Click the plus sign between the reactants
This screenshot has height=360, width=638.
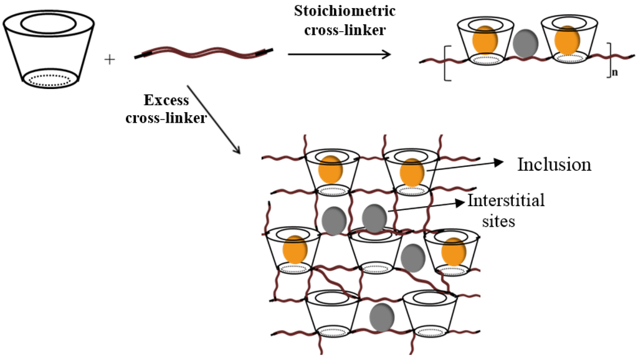tap(110, 60)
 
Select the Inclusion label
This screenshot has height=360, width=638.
tap(554, 164)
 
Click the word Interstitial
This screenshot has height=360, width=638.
tap(506, 201)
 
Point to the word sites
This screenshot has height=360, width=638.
tap(499, 220)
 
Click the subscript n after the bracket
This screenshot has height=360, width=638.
tap(614, 73)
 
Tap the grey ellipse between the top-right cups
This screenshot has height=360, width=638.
tap(526, 45)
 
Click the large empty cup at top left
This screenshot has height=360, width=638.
tap(49, 50)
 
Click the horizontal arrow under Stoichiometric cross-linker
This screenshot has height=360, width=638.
tap(339, 54)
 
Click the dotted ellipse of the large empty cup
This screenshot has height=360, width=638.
tap(50, 78)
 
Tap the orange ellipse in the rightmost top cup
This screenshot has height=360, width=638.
tap(567, 39)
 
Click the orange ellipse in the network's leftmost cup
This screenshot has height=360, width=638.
tap(294, 249)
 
